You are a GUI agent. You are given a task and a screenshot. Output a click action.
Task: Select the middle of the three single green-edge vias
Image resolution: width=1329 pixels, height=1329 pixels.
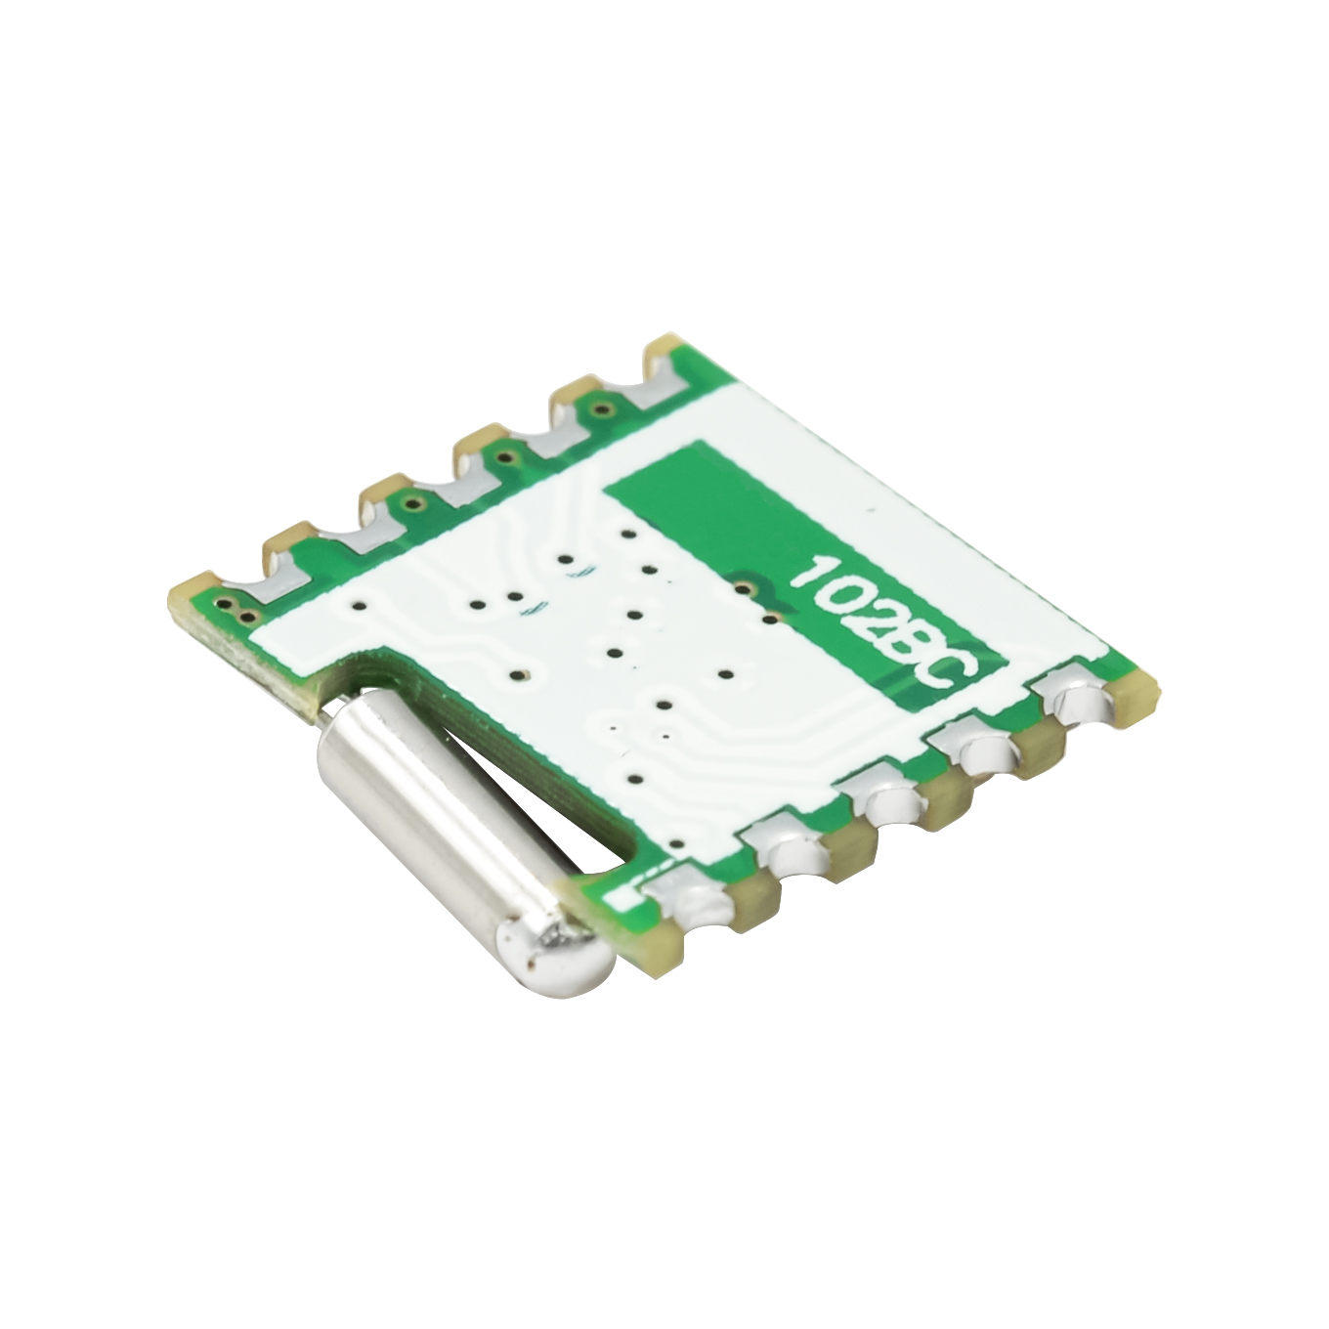(x=506, y=454)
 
